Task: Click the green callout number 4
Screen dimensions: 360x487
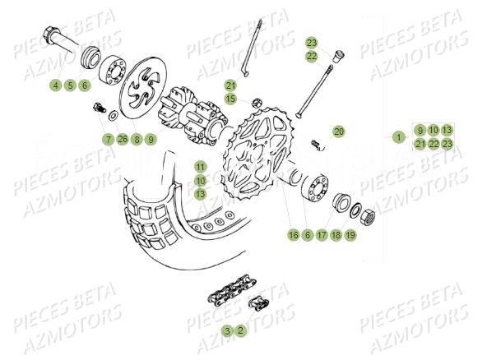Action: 56,85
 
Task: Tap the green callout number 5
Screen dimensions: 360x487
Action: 71,85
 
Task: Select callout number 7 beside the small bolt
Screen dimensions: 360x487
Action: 109,140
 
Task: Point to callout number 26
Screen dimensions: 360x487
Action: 123,140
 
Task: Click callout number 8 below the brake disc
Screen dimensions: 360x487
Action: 137,140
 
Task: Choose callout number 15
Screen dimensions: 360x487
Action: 231,99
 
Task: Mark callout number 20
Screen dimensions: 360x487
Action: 339,132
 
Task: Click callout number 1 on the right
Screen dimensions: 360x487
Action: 398,137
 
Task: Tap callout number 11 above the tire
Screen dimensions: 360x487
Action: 200,167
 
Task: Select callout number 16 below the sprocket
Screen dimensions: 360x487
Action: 293,235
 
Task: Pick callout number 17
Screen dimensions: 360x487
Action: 322,235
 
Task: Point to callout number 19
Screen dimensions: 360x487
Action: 350,235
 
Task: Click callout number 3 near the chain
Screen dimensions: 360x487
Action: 226,330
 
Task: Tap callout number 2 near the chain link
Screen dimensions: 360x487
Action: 240,330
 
